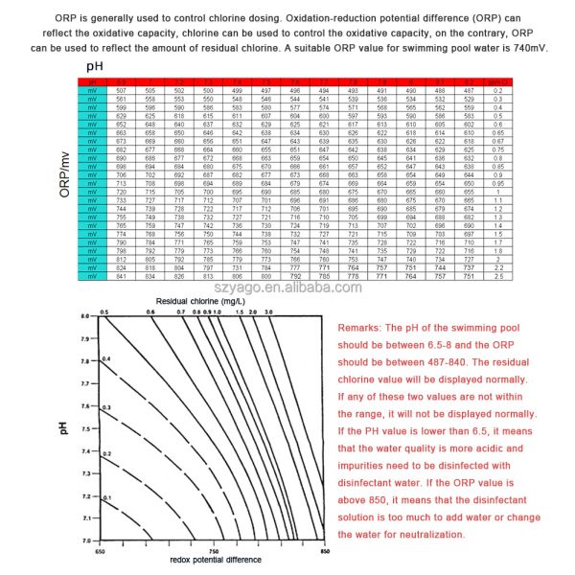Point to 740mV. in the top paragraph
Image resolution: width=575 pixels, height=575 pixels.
(x=525, y=47)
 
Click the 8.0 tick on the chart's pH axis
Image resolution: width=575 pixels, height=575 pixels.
(x=83, y=342)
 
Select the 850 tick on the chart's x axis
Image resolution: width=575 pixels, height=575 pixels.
(x=324, y=551)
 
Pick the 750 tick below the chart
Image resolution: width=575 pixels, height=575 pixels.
(x=213, y=551)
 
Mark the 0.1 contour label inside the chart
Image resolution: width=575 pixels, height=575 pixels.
(x=107, y=498)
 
